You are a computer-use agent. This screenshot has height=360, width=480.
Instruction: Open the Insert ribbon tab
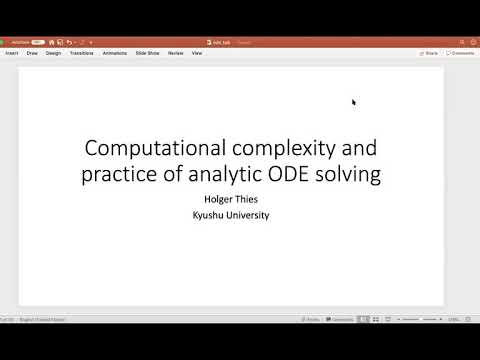pos(12,53)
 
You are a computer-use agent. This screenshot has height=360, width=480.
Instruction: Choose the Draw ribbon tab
pos(32,53)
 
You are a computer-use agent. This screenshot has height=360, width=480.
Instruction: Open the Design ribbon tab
pos(53,53)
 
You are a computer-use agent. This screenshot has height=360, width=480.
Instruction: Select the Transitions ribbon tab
pos(82,53)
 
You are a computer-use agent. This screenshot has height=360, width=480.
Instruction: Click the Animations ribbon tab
pos(115,53)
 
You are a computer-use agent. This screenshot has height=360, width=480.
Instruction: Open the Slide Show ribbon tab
pos(146,53)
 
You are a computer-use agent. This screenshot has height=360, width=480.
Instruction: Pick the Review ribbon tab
pos(175,53)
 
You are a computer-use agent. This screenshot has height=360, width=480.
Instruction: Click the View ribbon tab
pos(197,53)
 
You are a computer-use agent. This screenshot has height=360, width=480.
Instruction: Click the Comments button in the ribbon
pos(461,53)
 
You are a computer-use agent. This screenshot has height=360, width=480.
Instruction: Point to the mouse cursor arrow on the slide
pos(353,101)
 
